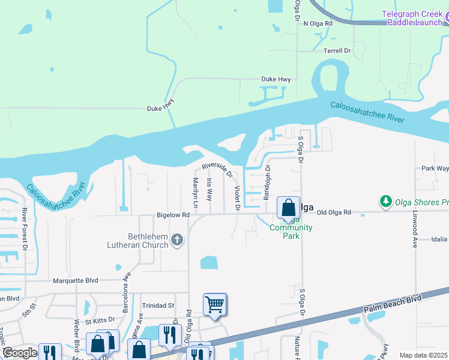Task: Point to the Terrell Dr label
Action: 337,51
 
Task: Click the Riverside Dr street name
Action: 217,169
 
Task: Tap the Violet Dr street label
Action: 237,198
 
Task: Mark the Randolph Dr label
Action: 267,182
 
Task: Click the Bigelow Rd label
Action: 173,214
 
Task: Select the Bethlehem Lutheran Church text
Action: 140,241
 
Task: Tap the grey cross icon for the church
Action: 176,240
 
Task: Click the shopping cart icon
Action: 214,304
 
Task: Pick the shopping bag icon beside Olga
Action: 288,208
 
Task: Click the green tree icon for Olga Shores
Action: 385,200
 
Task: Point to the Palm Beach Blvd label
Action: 393,305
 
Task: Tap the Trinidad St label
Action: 158,305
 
